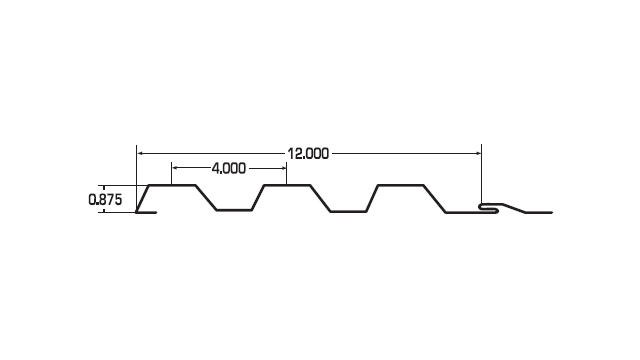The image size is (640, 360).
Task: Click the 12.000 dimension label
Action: tap(308, 154)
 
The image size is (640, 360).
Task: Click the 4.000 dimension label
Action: tap(229, 168)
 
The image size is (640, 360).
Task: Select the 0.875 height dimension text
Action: tap(105, 200)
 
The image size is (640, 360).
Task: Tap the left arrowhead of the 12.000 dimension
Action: tap(140, 153)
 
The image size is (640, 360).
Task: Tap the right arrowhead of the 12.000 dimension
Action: tap(479, 153)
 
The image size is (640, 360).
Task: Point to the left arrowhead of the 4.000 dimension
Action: tap(175, 168)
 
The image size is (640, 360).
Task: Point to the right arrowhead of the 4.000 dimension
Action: tap(284, 168)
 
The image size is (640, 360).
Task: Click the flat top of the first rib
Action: tap(172, 185)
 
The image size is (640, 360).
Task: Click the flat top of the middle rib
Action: tap(287, 185)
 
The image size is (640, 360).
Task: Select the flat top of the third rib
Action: tap(401, 185)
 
